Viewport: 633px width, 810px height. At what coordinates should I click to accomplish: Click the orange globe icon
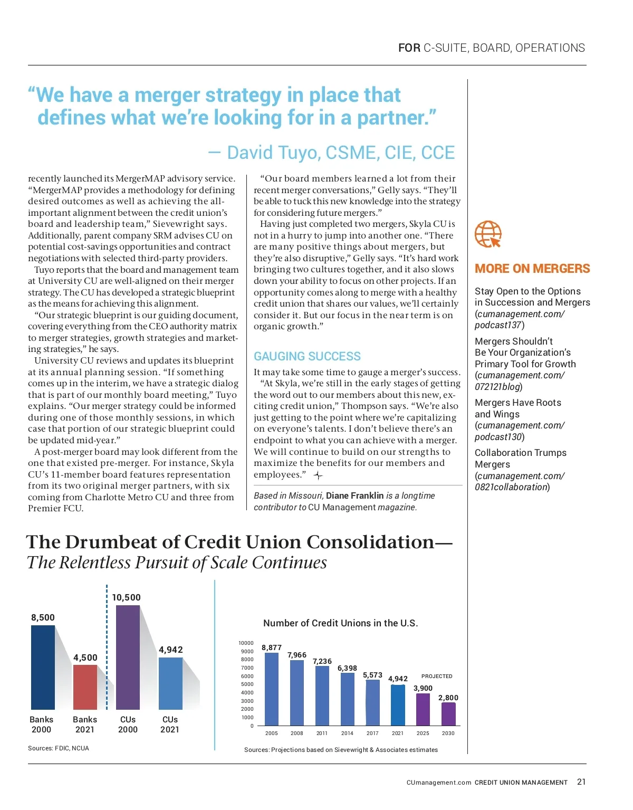[x=488, y=234]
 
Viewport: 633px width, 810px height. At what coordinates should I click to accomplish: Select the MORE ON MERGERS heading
[x=532, y=269]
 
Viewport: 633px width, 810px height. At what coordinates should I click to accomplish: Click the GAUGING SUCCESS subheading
[x=307, y=356]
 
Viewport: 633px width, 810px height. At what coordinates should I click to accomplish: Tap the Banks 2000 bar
[x=43, y=667]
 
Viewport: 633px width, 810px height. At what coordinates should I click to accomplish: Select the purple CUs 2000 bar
[x=128, y=657]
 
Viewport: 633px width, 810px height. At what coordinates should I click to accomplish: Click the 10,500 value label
[x=126, y=597]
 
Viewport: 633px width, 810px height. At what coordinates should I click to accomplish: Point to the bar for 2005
[x=271, y=689]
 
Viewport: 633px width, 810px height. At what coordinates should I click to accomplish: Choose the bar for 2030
[x=448, y=714]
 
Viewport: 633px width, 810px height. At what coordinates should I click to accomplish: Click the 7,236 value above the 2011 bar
[x=322, y=661]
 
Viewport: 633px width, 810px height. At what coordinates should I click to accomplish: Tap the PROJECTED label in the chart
[x=437, y=676]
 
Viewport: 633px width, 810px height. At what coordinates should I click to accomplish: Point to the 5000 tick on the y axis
[x=247, y=684]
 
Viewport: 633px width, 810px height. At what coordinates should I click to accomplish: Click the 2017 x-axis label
[x=372, y=733]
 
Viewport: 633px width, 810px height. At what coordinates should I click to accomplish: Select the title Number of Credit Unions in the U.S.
[x=340, y=623]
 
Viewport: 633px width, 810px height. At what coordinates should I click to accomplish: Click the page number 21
[x=581, y=782]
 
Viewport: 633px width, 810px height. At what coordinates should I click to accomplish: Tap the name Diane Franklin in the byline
[x=354, y=495]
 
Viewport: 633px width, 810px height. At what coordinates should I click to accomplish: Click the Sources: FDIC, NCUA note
[x=59, y=748]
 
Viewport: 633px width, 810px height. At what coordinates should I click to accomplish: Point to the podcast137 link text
[x=498, y=325]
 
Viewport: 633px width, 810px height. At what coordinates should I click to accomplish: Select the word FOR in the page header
[x=409, y=48]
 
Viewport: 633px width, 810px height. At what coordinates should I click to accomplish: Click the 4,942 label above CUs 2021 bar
[x=171, y=650]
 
